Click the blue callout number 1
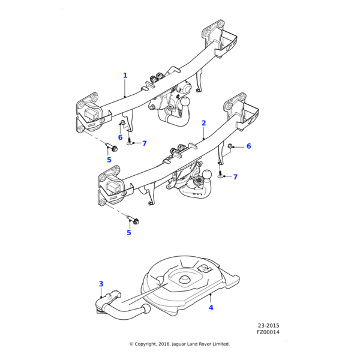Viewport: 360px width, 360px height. (125, 76)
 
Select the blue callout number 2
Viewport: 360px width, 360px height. (203, 123)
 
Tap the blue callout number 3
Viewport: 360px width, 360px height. (101, 284)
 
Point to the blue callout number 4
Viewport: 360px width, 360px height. (211, 308)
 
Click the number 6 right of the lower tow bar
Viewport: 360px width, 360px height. (248, 146)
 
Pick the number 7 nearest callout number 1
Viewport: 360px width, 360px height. (144, 143)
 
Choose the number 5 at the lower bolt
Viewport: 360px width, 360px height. (128, 233)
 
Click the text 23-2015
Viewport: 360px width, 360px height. (268, 326)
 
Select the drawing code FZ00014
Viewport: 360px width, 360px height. (268, 332)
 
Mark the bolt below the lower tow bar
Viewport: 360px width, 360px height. (134, 221)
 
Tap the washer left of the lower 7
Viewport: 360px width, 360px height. (220, 176)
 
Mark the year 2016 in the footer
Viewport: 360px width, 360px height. (166, 344)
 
